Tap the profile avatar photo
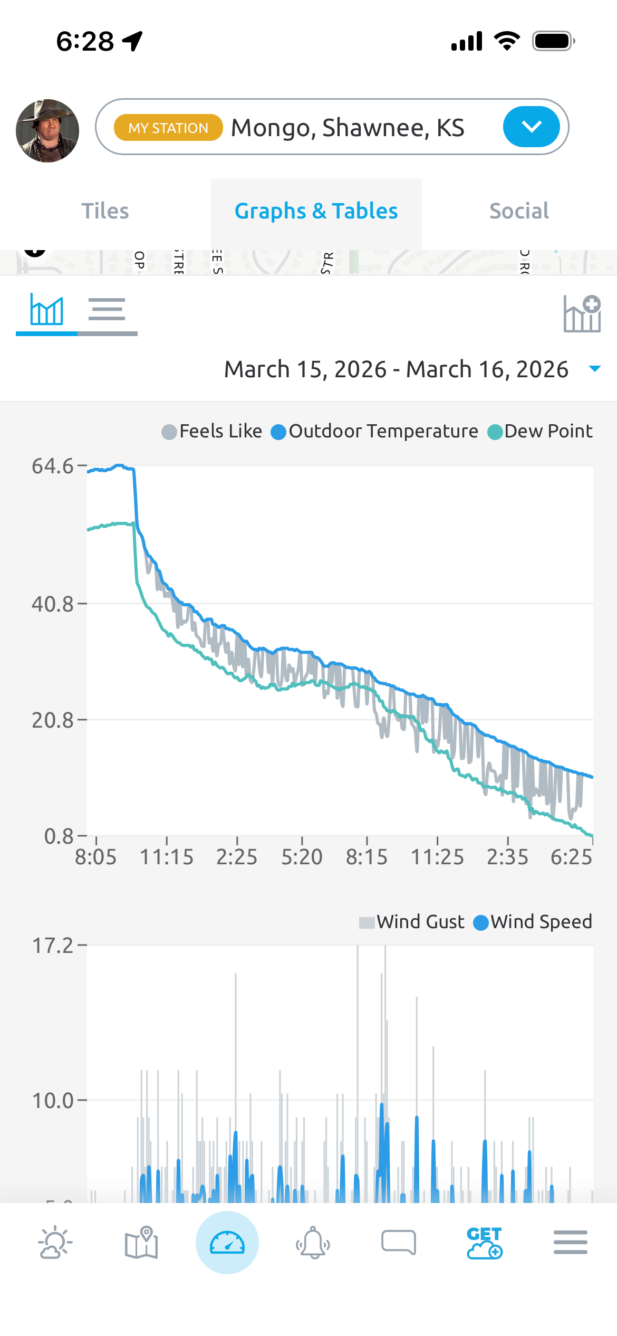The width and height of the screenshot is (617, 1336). pyautogui.click(x=47, y=130)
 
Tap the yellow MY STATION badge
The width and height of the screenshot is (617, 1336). pyautogui.click(x=168, y=128)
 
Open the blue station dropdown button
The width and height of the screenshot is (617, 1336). pyautogui.click(x=531, y=127)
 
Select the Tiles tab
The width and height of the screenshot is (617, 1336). pyautogui.click(x=105, y=211)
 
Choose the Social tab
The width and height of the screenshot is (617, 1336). pyautogui.click(x=519, y=211)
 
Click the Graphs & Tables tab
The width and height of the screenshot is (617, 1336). pyautogui.click(x=316, y=211)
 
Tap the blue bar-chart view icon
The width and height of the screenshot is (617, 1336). pyautogui.click(x=47, y=310)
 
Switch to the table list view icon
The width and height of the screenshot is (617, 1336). pyautogui.click(x=107, y=310)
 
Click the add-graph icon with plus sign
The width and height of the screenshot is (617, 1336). pyautogui.click(x=582, y=314)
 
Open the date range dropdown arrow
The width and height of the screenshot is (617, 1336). pyautogui.click(x=594, y=369)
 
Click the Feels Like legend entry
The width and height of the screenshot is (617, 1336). pyautogui.click(x=212, y=432)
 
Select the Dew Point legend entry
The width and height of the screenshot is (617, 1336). pyautogui.click(x=540, y=432)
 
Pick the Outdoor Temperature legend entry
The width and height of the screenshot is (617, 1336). pyautogui.click(x=374, y=432)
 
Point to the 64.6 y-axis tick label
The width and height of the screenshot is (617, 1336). pyautogui.click(x=52, y=466)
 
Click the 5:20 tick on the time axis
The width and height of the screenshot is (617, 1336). pyautogui.click(x=302, y=857)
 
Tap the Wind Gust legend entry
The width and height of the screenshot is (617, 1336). pyautogui.click(x=412, y=922)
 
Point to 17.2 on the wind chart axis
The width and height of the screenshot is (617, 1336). pyautogui.click(x=53, y=946)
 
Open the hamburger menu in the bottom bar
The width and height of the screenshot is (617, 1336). pyautogui.click(x=570, y=1243)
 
